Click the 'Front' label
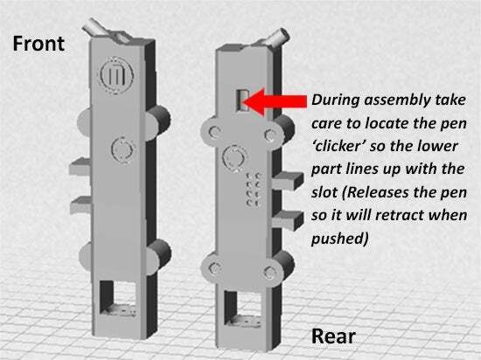(38, 44)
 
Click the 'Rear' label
(333, 336)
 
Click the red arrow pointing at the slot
(275, 101)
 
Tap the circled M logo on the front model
(117, 75)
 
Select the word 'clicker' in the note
(338, 146)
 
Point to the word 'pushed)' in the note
(339, 239)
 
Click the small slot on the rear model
(242, 100)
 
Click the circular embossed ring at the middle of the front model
(123, 149)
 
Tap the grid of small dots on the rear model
(254, 190)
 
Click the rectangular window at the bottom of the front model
(118, 298)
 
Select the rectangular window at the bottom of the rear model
(242, 308)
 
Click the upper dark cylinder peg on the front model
(159, 119)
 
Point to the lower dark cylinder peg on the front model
(160, 253)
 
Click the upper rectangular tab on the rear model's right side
(288, 181)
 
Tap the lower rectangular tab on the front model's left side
(81, 205)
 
